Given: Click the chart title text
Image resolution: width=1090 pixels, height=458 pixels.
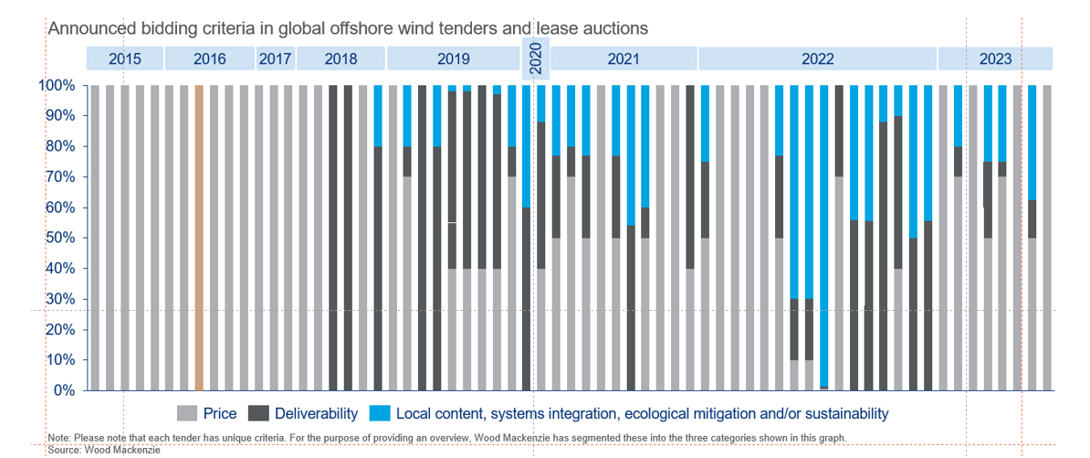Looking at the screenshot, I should pyautogui.click(x=348, y=28).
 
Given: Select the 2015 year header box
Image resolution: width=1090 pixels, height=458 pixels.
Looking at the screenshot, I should pyautogui.click(x=125, y=59).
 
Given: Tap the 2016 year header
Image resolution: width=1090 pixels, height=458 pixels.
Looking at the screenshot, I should pyautogui.click(x=209, y=59).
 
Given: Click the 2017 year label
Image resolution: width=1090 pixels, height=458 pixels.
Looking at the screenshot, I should pyautogui.click(x=275, y=59).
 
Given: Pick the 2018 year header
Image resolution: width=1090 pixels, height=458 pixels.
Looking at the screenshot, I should pyautogui.click(x=341, y=59).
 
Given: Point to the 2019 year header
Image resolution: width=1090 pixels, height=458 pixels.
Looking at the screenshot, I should pyautogui.click(x=453, y=59).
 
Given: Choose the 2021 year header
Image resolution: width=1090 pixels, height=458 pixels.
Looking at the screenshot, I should pyautogui.click(x=624, y=59).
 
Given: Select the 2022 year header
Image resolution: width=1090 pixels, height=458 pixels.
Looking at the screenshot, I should pyautogui.click(x=818, y=59).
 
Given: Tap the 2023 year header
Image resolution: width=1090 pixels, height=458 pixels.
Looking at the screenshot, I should pyautogui.click(x=995, y=59).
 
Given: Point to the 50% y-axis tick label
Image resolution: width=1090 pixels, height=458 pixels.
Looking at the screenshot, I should pyautogui.click(x=59, y=238).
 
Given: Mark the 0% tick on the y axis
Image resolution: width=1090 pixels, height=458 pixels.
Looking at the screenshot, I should pyautogui.click(x=63, y=390).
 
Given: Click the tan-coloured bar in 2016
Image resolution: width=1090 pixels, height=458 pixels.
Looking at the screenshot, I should pyautogui.click(x=198, y=238).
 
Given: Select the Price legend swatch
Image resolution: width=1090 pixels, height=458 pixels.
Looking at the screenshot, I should pyautogui.click(x=187, y=414).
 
